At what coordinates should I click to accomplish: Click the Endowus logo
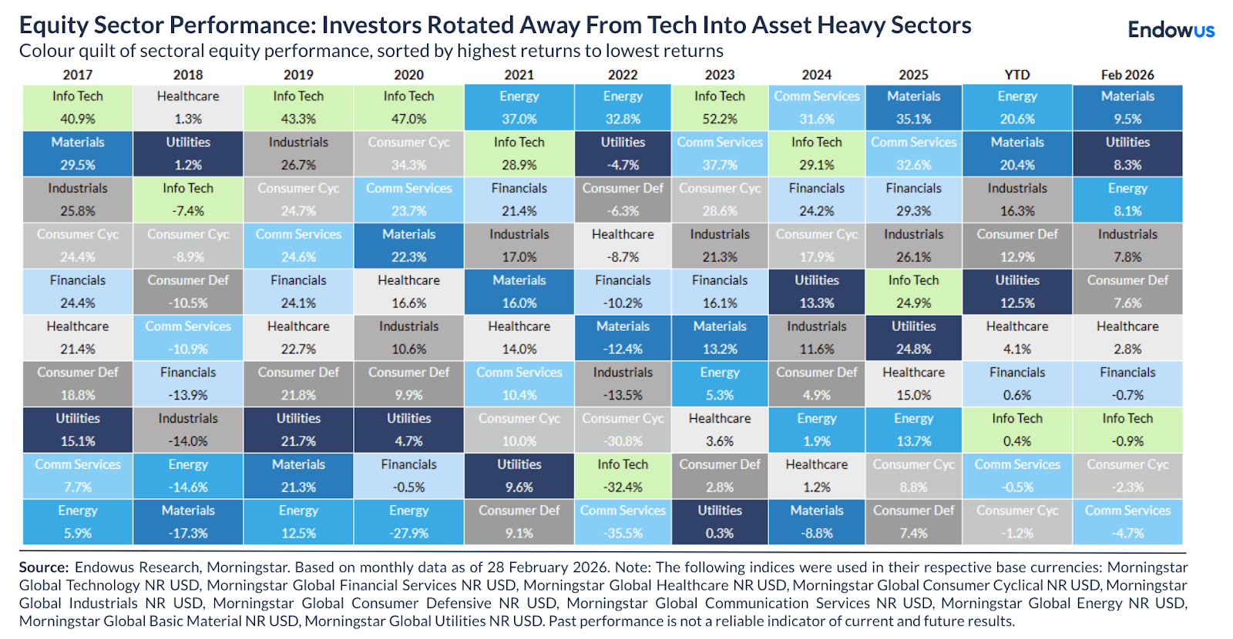point(1171,30)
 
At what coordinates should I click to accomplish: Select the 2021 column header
point(519,75)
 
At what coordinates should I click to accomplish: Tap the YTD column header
point(1016,75)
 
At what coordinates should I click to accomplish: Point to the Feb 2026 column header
point(1127,75)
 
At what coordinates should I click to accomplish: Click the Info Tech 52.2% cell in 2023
point(720,108)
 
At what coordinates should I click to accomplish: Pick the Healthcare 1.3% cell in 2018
point(188,108)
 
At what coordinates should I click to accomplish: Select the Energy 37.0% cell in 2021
point(519,108)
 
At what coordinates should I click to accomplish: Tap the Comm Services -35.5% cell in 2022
point(623,522)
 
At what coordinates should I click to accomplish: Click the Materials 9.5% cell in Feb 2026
point(1127,108)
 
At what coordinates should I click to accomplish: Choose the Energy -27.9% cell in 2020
point(408,522)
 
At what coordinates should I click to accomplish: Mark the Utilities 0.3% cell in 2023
point(720,522)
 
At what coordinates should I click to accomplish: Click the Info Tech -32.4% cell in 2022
point(623,476)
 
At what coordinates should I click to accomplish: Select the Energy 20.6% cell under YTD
point(1017,108)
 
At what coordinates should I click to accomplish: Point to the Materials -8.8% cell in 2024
point(817,522)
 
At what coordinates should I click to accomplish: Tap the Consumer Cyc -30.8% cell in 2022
point(623,430)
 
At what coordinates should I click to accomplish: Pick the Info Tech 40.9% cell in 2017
point(78,108)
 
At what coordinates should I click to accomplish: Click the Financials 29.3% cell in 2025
point(913,199)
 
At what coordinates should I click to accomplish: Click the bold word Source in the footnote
point(43,567)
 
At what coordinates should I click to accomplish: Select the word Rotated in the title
point(471,25)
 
